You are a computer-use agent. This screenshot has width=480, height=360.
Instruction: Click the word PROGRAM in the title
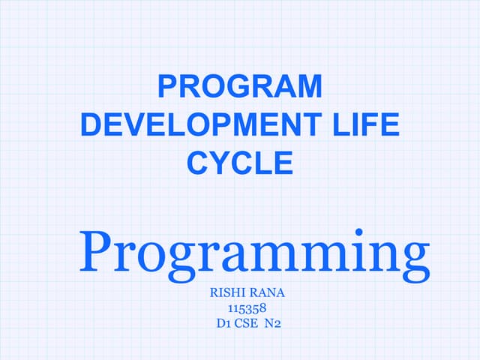240,87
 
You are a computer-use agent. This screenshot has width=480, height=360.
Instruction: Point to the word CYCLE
240,162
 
